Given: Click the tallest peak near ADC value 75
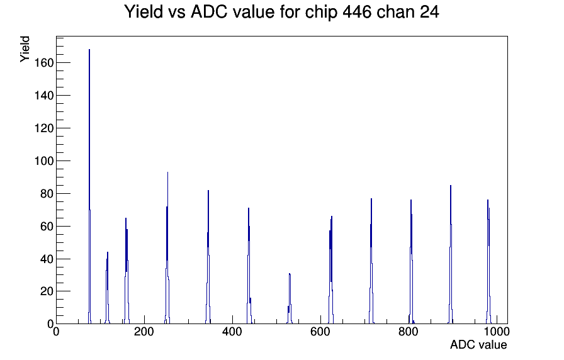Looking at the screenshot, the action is (89, 187).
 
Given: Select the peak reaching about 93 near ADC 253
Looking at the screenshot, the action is (167, 248).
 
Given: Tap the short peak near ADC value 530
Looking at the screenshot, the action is (290, 298).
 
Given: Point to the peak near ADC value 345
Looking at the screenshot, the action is (208, 257).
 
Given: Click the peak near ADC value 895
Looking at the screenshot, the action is (451, 255).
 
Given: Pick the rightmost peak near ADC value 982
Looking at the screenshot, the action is (488, 262).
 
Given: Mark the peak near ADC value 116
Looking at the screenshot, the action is (107, 288).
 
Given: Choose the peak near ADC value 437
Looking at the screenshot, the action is (249, 266).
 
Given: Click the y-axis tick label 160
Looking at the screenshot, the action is (43, 63).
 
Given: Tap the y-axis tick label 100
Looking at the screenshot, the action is (43, 161).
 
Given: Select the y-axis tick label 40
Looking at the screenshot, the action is (47, 259).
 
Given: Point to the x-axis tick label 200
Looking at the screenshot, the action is (144, 332).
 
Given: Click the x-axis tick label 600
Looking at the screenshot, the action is (320, 332).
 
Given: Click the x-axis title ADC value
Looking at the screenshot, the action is (478, 344).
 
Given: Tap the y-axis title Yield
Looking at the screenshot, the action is (25, 49).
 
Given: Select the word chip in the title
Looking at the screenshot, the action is (321, 13).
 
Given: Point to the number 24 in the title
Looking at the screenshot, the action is (429, 12).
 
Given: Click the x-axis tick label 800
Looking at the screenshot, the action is (409, 332).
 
